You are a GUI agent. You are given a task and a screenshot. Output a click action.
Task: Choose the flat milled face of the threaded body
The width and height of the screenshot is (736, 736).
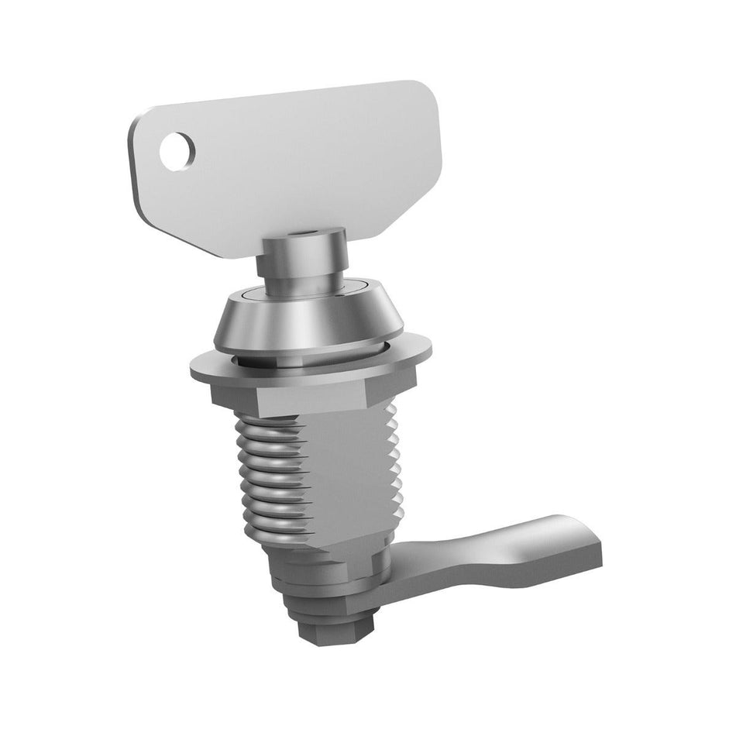[349, 473]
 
